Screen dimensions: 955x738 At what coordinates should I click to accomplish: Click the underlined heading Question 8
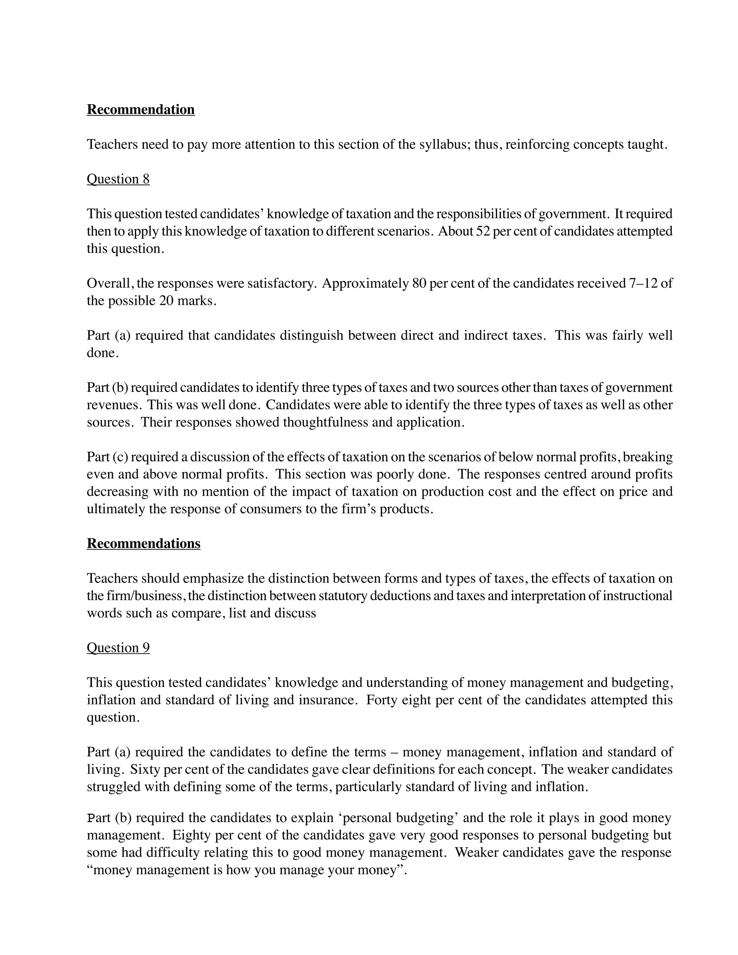pyautogui.click(x=118, y=179)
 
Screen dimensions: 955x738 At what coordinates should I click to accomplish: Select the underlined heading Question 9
pyautogui.click(x=118, y=648)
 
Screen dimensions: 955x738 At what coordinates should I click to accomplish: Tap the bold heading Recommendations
pyautogui.click(x=143, y=543)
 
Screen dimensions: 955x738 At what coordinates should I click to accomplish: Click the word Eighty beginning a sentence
pyautogui.click(x=191, y=835)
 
